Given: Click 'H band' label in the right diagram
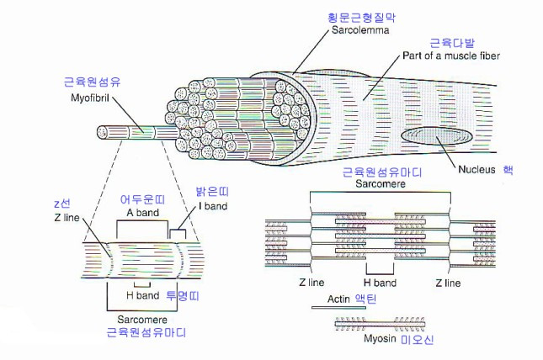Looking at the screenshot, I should [x=380, y=283].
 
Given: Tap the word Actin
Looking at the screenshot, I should [x=338, y=299].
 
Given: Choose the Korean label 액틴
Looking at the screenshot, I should [x=371, y=299].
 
